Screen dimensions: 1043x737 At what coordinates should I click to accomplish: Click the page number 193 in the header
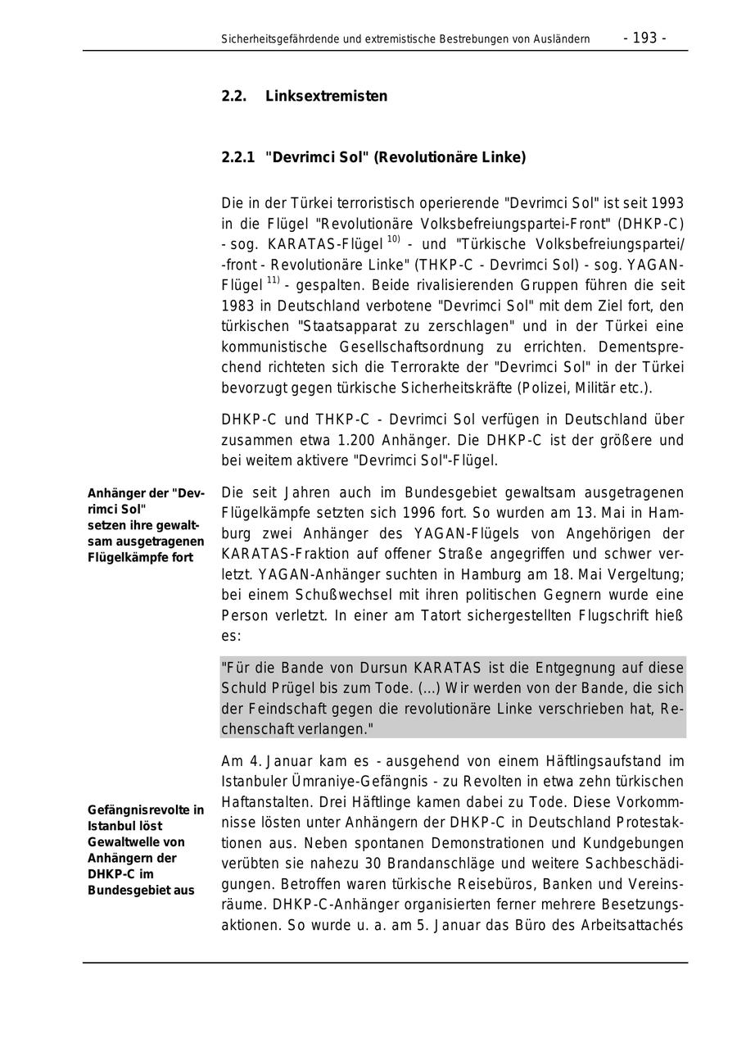click(x=645, y=38)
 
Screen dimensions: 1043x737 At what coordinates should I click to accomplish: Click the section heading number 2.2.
click(x=233, y=96)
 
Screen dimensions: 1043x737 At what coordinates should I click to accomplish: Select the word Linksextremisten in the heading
click(x=326, y=96)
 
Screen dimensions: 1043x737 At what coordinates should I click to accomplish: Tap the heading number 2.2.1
click(x=238, y=157)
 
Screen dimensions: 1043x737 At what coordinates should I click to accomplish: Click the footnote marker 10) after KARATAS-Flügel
click(x=393, y=239)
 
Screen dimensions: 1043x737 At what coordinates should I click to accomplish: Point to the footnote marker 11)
click(x=273, y=281)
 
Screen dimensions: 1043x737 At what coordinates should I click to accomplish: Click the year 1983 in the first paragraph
click(x=237, y=306)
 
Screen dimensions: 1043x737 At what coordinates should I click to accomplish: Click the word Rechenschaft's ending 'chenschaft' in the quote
click(x=262, y=728)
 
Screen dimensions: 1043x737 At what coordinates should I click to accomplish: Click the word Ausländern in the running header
click(x=562, y=39)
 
